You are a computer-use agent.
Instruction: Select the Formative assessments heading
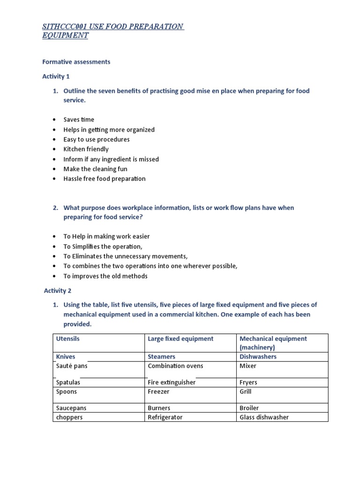(x=76, y=62)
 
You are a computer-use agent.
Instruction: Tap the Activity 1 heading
(x=56, y=76)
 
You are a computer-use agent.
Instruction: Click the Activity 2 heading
(x=58, y=291)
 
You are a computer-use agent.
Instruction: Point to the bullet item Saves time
(x=79, y=120)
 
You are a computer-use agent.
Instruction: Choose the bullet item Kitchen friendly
(x=86, y=149)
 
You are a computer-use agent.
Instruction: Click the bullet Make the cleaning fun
(x=95, y=169)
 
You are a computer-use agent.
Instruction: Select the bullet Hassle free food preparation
(x=105, y=179)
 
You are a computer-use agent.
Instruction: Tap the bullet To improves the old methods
(x=105, y=276)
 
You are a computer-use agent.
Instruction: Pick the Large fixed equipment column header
(x=180, y=338)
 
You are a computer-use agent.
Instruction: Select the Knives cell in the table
(x=66, y=357)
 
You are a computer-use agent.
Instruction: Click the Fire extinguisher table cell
(x=172, y=382)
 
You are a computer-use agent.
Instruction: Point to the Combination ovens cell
(x=175, y=366)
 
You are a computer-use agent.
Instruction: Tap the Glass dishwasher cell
(x=264, y=417)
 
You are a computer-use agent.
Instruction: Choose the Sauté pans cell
(x=72, y=366)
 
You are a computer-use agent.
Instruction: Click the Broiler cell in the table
(x=249, y=408)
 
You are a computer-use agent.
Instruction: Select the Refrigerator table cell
(x=165, y=417)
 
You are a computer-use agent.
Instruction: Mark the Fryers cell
(x=248, y=382)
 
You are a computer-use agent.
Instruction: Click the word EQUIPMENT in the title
(x=65, y=36)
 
